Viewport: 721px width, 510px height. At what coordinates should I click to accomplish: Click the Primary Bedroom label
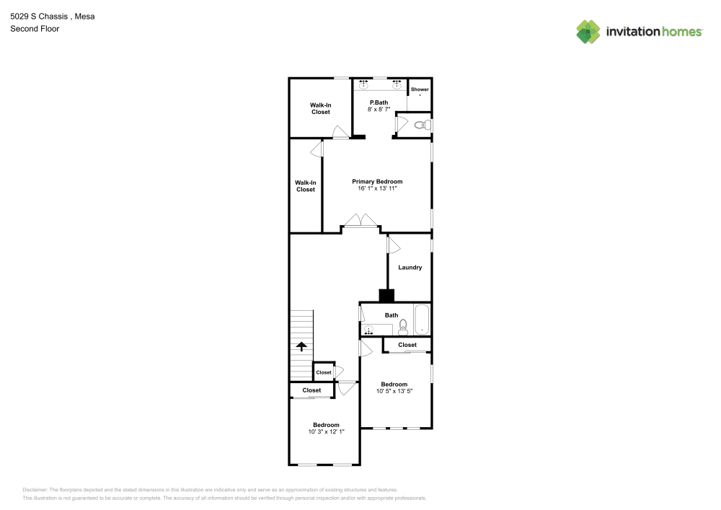(377, 181)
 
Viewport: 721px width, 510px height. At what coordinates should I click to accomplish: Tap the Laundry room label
(410, 268)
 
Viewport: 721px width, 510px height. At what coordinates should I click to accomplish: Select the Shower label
(420, 89)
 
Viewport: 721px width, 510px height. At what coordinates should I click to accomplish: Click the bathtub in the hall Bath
(421, 320)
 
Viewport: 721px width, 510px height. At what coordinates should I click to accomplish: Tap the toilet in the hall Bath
(404, 328)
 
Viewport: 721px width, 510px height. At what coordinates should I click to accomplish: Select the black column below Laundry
(387, 295)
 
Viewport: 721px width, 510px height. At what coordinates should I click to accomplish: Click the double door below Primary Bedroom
(360, 221)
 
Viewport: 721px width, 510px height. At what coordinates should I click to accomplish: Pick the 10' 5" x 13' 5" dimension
(394, 392)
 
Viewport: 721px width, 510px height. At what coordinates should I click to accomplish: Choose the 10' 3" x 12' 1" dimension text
(326, 432)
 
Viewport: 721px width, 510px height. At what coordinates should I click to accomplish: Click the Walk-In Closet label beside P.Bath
(321, 108)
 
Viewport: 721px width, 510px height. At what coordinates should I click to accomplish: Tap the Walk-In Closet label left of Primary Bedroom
(305, 186)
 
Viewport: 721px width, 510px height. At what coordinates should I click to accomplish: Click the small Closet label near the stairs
(324, 372)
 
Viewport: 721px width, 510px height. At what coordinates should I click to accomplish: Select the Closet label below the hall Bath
(407, 345)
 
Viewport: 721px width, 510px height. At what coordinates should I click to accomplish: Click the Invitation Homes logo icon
(588, 31)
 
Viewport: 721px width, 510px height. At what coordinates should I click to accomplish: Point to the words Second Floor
(35, 29)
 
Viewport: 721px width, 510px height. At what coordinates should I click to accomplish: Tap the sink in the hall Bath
(369, 330)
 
